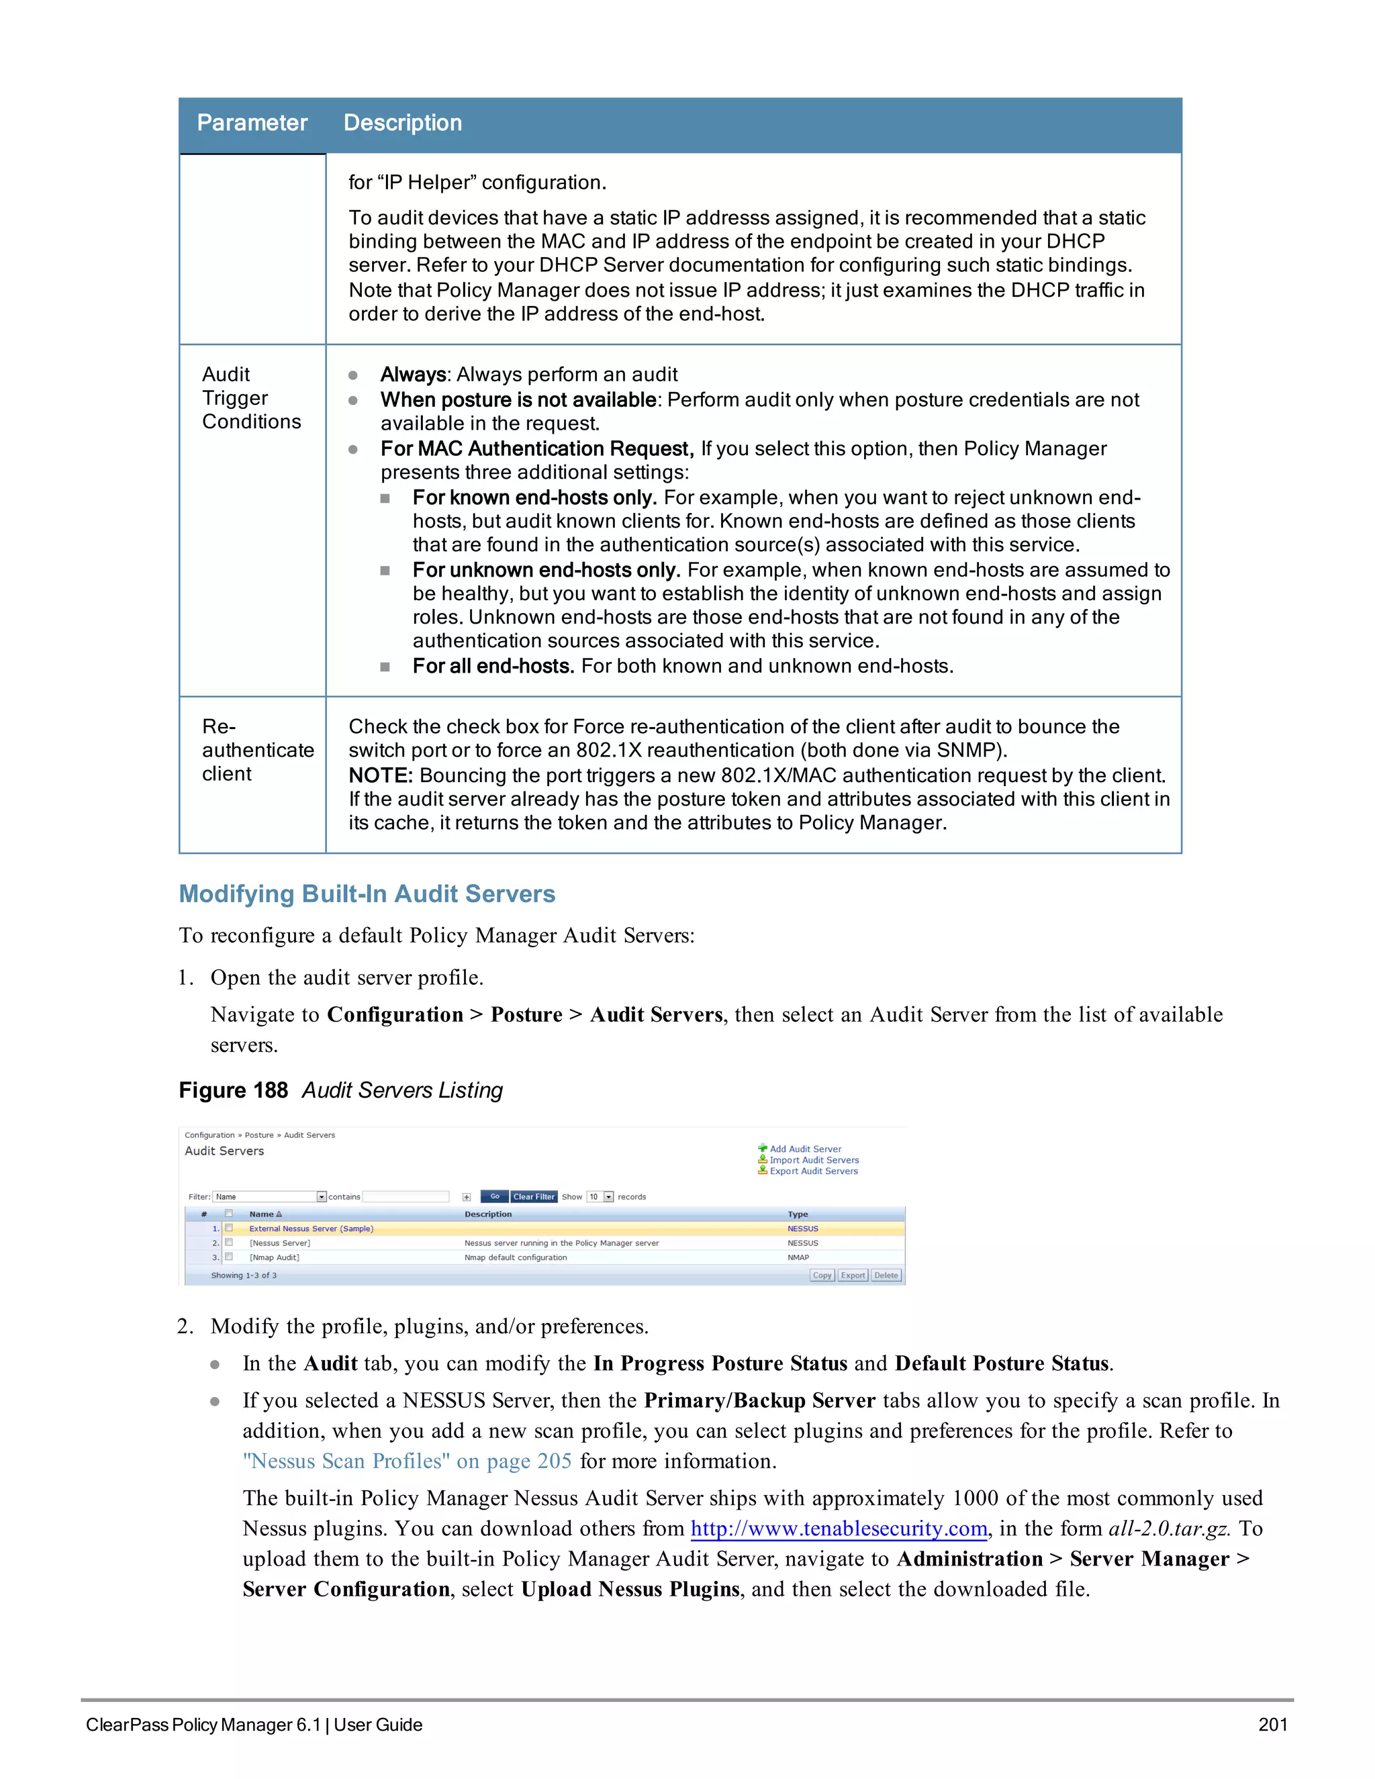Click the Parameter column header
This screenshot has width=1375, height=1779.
[x=252, y=123]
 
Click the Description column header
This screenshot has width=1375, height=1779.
[x=402, y=123]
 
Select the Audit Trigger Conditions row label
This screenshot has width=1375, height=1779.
[x=251, y=397]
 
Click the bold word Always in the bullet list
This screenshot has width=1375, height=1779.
[x=413, y=375]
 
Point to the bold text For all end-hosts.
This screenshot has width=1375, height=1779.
[x=493, y=667]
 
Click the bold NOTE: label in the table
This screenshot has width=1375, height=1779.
[x=381, y=775]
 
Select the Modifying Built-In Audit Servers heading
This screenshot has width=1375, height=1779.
[x=367, y=894]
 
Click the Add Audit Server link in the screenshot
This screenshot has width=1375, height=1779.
[x=805, y=1149]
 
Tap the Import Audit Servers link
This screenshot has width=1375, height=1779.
[x=814, y=1160]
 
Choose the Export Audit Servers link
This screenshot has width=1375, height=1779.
[x=813, y=1171]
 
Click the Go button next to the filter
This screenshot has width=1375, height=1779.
[x=494, y=1196]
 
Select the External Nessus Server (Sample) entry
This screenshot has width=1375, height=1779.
[x=311, y=1229]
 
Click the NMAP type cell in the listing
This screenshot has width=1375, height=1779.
[x=798, y=1257]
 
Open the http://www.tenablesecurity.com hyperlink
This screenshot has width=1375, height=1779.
[x=838, y=1529]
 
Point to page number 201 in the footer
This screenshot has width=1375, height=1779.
[x=1272, y=1725]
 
